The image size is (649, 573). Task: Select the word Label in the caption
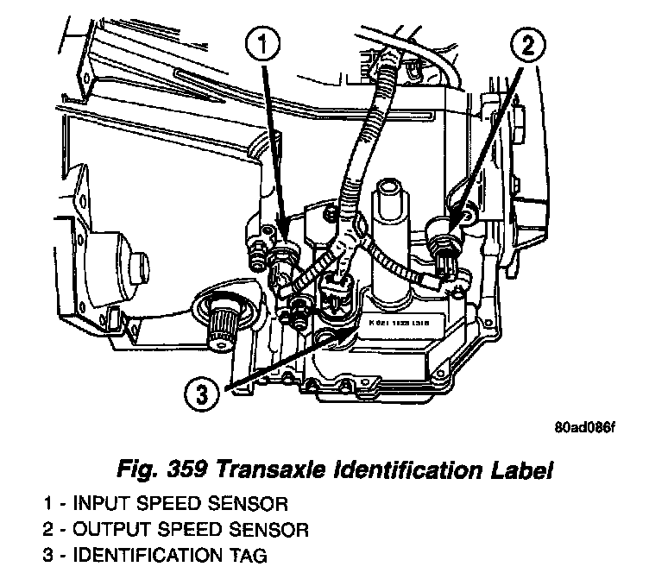click(518, 472)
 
